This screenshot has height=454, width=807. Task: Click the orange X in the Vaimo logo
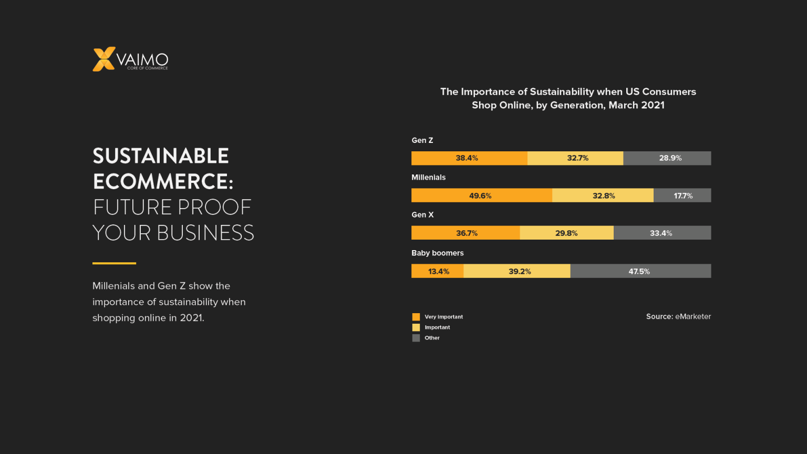104,59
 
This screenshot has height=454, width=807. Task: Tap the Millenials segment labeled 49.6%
481,195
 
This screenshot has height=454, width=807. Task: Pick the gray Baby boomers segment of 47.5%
640,271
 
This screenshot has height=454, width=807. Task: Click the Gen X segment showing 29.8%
566,233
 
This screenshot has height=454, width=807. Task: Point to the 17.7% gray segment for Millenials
682,195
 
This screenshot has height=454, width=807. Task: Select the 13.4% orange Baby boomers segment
438,271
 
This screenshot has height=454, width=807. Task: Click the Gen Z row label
422,140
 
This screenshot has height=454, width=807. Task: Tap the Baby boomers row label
437,253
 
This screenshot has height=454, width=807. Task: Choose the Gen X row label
422,215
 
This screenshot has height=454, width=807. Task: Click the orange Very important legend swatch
416,317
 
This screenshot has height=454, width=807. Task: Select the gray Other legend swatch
416,338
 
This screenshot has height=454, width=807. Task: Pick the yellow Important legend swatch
416,327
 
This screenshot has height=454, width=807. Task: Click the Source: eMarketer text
678,316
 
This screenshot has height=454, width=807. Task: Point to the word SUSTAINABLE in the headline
161,156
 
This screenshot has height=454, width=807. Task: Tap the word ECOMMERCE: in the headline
163,182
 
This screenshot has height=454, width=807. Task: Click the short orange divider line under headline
114,263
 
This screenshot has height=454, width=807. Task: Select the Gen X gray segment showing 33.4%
661,233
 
